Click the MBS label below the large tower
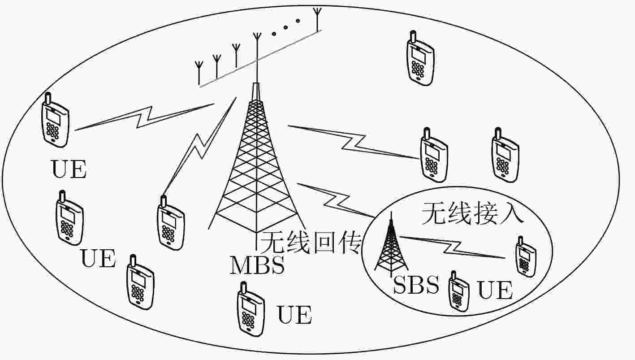[x=257, y=265]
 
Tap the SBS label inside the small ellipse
[x=416, y=285]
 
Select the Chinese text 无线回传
[x=311, y=243]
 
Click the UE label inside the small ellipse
[x=495, y=290]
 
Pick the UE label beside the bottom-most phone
[x=294, y=315]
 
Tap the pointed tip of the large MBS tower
[x=256, y=83]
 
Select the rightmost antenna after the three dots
[x=317, y=19]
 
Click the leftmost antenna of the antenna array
[x=199, y=73]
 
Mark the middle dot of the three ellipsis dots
[x=285, y=27]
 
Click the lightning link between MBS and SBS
[x=336, y=200]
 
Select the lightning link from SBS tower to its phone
[x=453, y=247]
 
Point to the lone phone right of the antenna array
[x=420, y=58]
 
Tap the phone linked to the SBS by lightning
[x=526, y=257]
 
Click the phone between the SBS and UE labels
[x=459, y=291]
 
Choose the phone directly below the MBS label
[x=251, y=309]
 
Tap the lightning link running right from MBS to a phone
[x=354, y=142]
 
